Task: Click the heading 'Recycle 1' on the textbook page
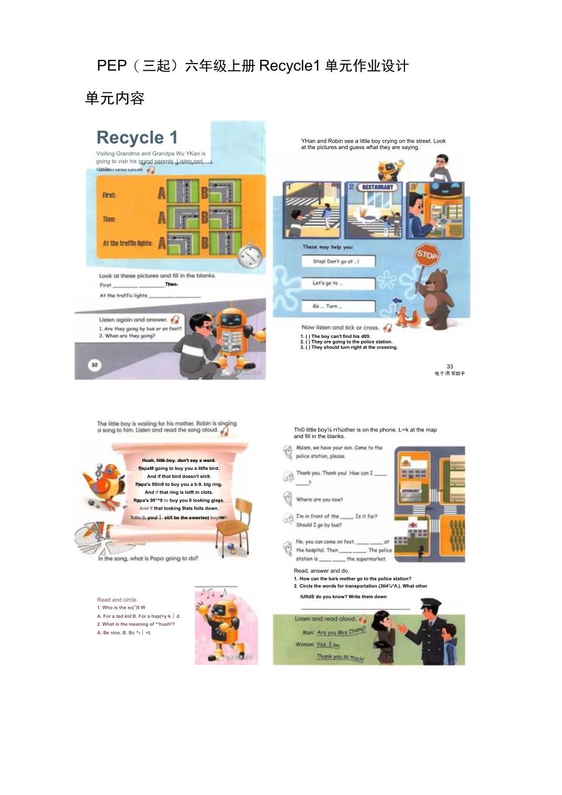pyautogui.click(x=137, y=137)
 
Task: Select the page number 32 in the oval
pyautogui.click(x=94, y=365)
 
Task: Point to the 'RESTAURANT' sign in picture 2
pyautogui.click(x=378, y=187)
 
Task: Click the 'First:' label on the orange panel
pyautogui.click(x=109, y=196)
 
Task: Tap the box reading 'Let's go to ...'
pyautogui.click(x=338, y=284)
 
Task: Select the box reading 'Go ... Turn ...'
pyautogui.click(x=338, y=306)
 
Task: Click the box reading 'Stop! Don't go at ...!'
pyautogui.click(x=338, y=261)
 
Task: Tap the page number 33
pyautogui.click(x=450, y=367)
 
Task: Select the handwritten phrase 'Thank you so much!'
pyautogui.click(x=340, y=658)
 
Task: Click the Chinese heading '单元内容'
pyautogui.click(x=115, y=98)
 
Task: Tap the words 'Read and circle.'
pyautogui.click(x=117, y=599)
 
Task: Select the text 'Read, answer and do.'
pyautogui.click(x=321, y=571)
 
